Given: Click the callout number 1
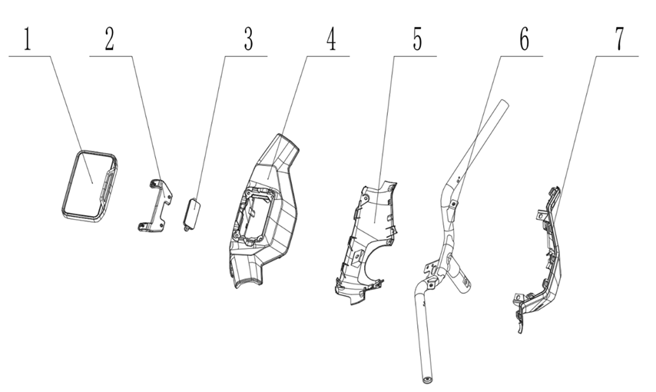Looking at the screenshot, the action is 27,39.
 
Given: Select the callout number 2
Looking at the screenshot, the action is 109,39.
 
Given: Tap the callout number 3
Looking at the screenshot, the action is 249,39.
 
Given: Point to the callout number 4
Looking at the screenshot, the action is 331,39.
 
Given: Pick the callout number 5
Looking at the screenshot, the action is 417,39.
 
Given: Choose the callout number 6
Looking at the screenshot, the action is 524,39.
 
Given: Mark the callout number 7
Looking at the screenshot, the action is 619,39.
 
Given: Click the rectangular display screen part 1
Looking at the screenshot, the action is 90,186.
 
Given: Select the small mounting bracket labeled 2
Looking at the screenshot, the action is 155,205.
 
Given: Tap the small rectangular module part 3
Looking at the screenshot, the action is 192,214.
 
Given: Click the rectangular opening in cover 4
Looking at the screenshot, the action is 255,218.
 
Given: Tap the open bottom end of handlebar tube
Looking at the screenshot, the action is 428,380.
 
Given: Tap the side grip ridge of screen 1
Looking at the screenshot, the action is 108,186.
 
